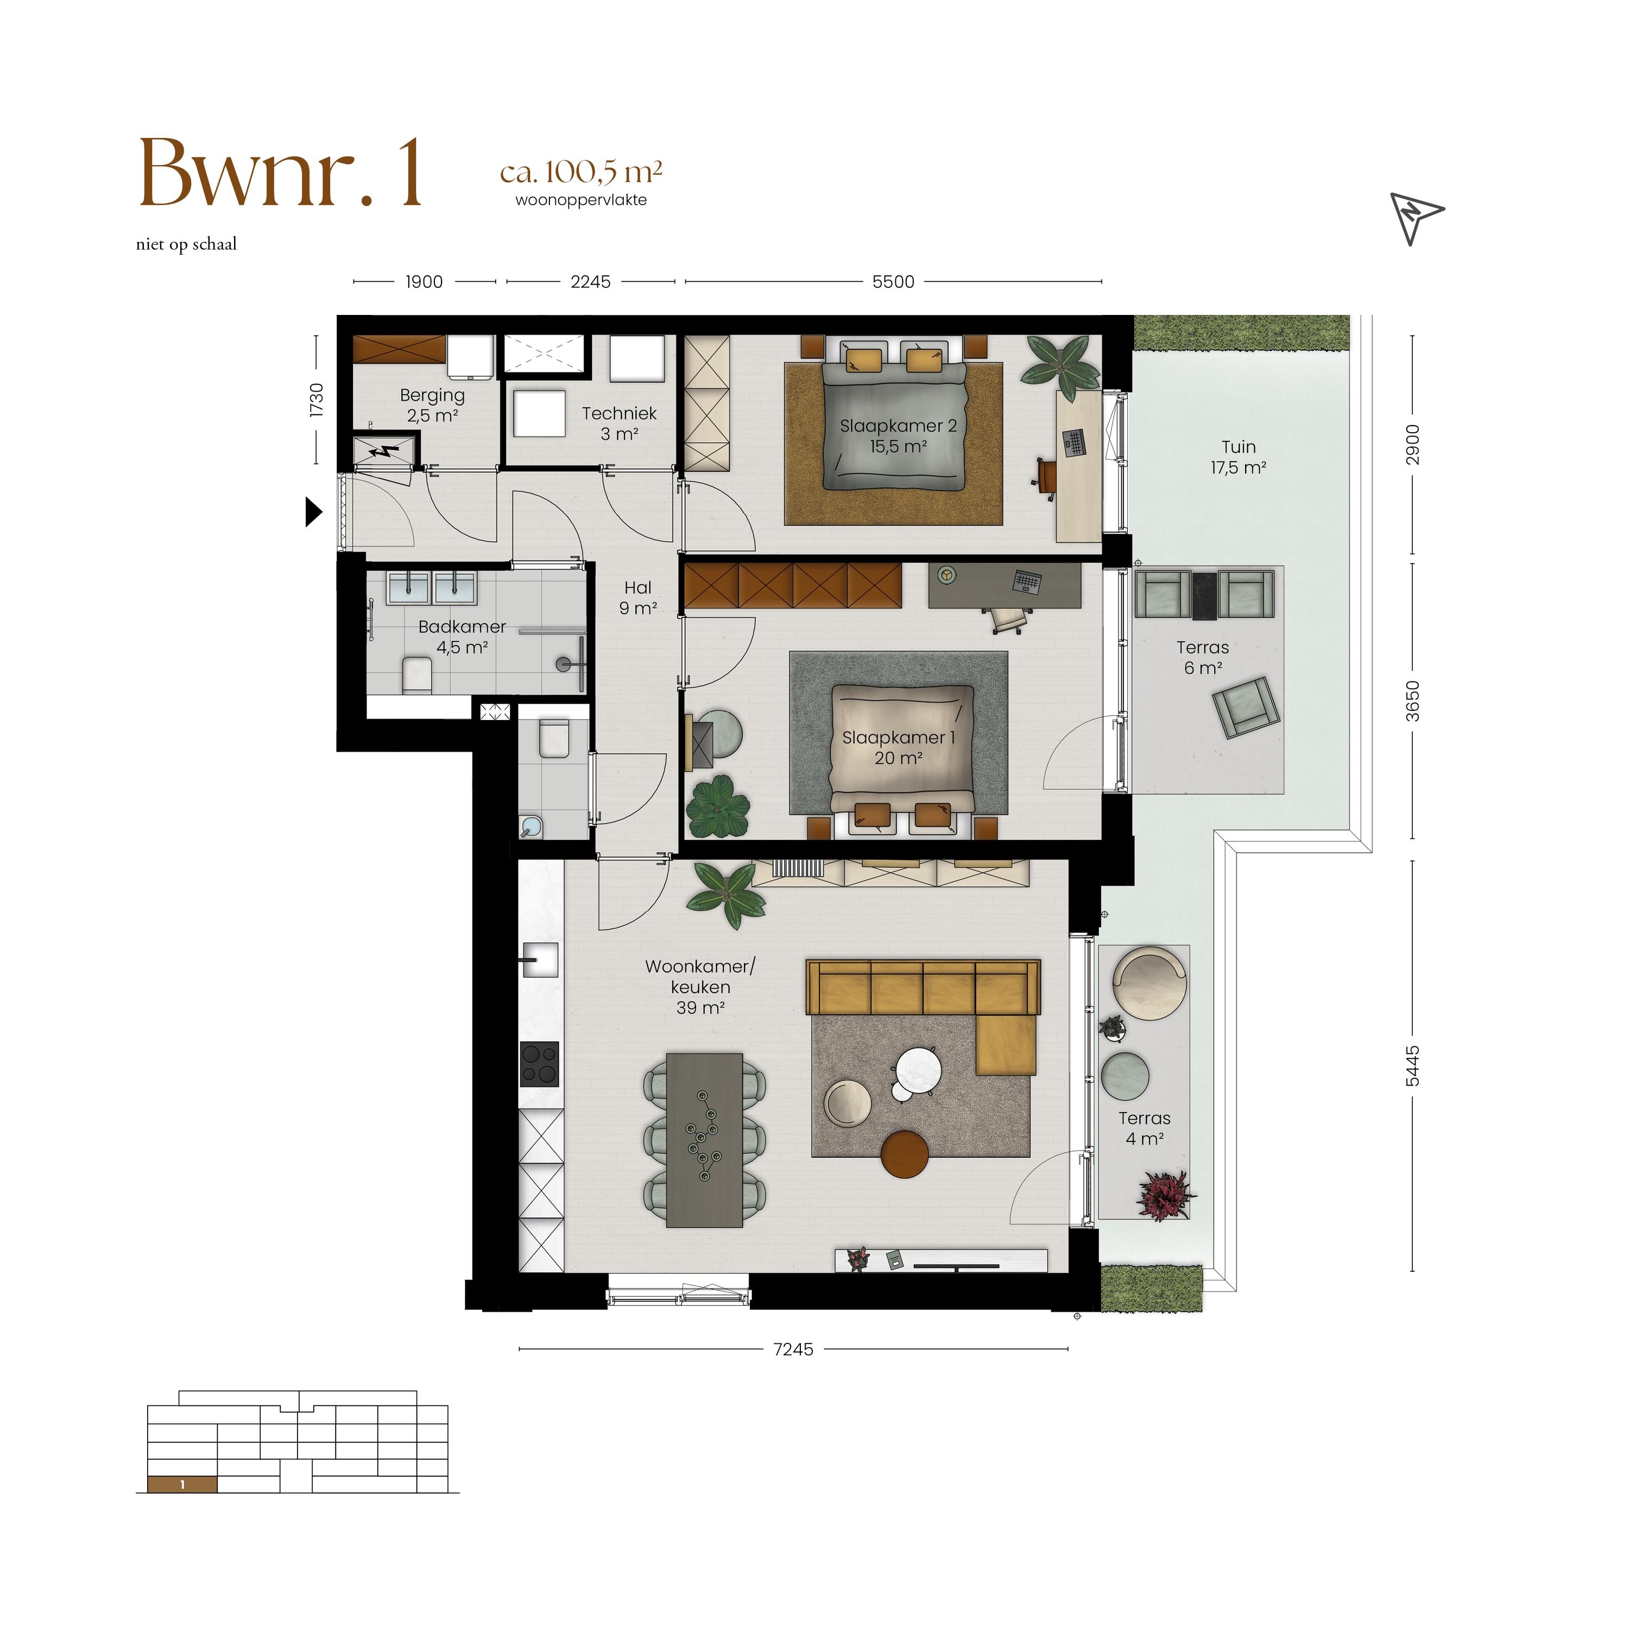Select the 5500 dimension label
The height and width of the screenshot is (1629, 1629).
[893, 282]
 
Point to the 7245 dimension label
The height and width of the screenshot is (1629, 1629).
[793, 1349]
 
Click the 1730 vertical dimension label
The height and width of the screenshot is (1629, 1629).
[316, 400]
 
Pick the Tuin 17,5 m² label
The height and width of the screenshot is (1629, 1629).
[1239, 457]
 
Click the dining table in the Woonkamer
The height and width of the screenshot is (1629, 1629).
[704, 1140]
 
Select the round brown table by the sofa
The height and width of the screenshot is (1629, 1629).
[905, 1153]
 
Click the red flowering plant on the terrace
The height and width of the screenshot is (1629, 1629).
[1166, 1194]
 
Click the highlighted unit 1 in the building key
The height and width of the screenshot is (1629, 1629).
[182, 1485]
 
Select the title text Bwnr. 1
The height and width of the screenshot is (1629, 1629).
[280, 174]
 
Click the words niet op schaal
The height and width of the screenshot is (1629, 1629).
[186, 244]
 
